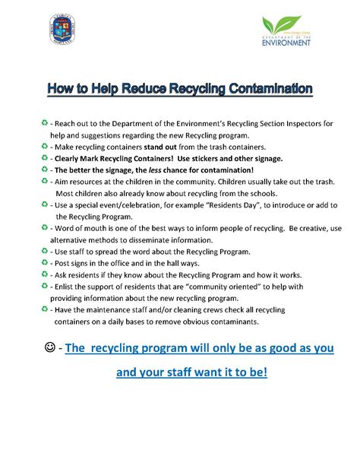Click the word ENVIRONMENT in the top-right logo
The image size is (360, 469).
pos(286,43)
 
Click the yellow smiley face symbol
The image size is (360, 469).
pos(49,348)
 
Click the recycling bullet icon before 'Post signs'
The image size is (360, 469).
pos(45,262)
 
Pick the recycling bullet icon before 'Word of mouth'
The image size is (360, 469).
pos(45,227)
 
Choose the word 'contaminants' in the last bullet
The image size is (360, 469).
pos(233,322)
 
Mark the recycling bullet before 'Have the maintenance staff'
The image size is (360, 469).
pos(45,309)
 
